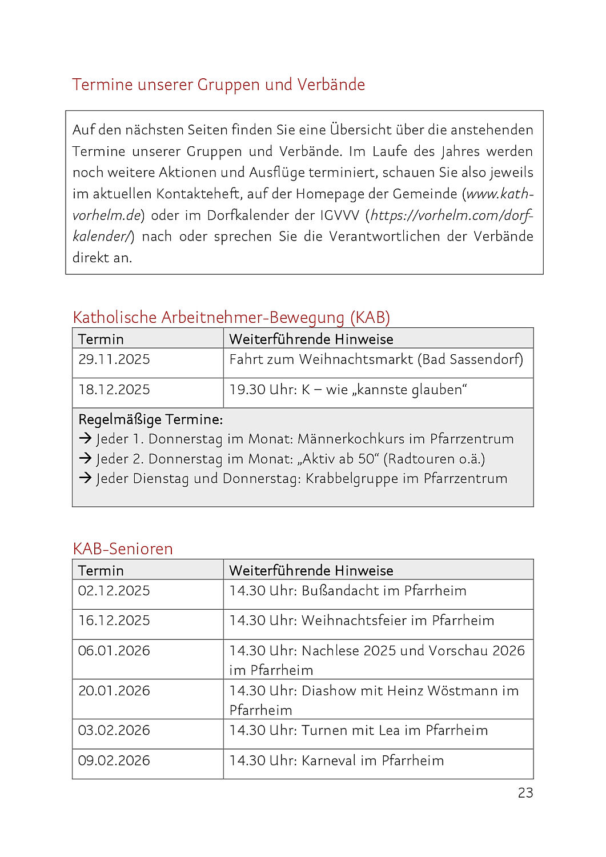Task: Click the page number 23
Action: pyautogui.click(x=525, y=792)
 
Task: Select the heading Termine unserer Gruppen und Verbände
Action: pyautogui.click(x=218, y=85)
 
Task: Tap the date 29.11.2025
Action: pyautogui.click(x=114, y=359)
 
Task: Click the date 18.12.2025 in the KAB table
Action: pyautogui.click(x=114, y=390)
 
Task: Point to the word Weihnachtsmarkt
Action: pyautogui.click(x=356, y=359)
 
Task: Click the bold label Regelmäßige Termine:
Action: pyautogui.click(x=150, y=419)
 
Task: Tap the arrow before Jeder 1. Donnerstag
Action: pyautogui.click(x=85, y=439)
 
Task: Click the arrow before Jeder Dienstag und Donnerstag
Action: pyautogui.click(x=85, y=478)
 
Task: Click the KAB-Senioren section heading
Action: pyautogui.click(x=122, y=548)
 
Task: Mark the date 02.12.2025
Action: pyautogui.click(x=114, y=591)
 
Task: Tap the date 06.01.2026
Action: pyautogui.click(x=114, y=651)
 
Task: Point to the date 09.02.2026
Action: pyautogui.click(x=114, y=760)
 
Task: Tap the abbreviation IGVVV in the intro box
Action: pyautogui.click(x=340, y=215)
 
